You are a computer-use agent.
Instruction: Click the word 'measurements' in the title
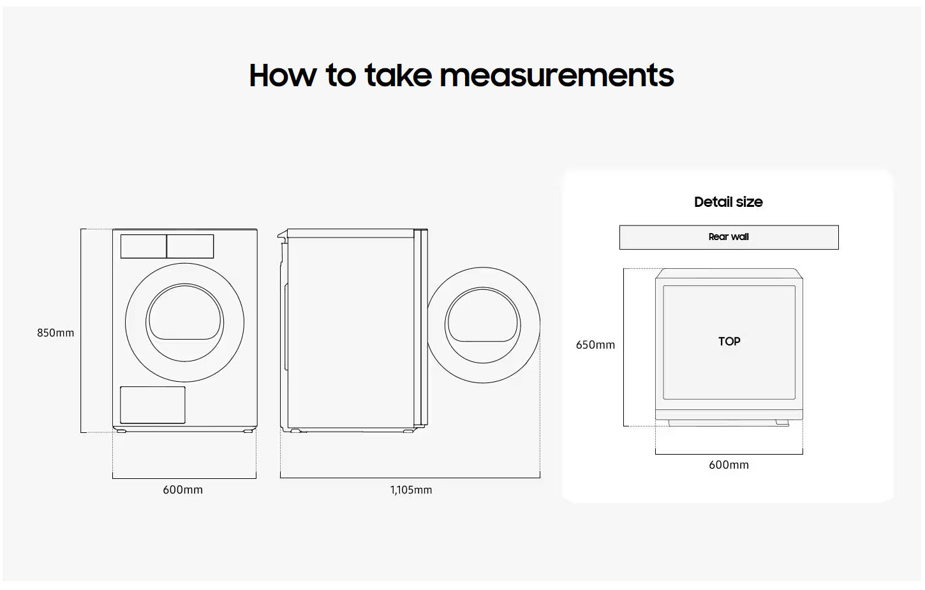coord(557,75)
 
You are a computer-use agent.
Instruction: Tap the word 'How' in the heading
coord(283,75)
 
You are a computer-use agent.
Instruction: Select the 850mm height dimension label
coord(56,333)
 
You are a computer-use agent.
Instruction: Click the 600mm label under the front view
coord(182,490)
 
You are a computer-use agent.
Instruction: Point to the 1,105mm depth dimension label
coord(411,490)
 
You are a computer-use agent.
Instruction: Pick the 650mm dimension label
coord(595,345)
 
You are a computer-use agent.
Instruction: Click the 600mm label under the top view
coord(729,465)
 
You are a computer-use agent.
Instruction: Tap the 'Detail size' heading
coord(729,202)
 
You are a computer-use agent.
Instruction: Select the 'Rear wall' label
coord(729,237)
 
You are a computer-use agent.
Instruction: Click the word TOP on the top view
coord(729,342)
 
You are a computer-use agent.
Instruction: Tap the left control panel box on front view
coord(144,246)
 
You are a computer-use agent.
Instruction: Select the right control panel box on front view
coord(190,246)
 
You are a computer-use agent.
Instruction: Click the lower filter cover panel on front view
coord(153,405)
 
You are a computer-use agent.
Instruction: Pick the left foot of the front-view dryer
coord(121,431)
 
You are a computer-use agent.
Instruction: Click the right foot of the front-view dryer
coord(248,431)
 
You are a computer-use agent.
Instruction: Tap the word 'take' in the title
coord(399,75)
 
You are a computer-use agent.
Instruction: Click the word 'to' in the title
coord(341,76)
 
